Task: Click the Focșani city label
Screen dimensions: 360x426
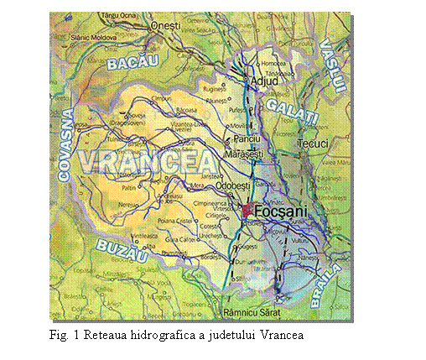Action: (276, 211)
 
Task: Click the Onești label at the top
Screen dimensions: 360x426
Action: (165, 27)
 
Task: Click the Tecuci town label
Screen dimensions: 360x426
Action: (314, 143)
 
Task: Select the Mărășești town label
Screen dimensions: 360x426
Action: (246, 155)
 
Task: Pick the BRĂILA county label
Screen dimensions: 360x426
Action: (325, 284)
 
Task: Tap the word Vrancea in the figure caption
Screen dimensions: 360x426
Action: (282, 335)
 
